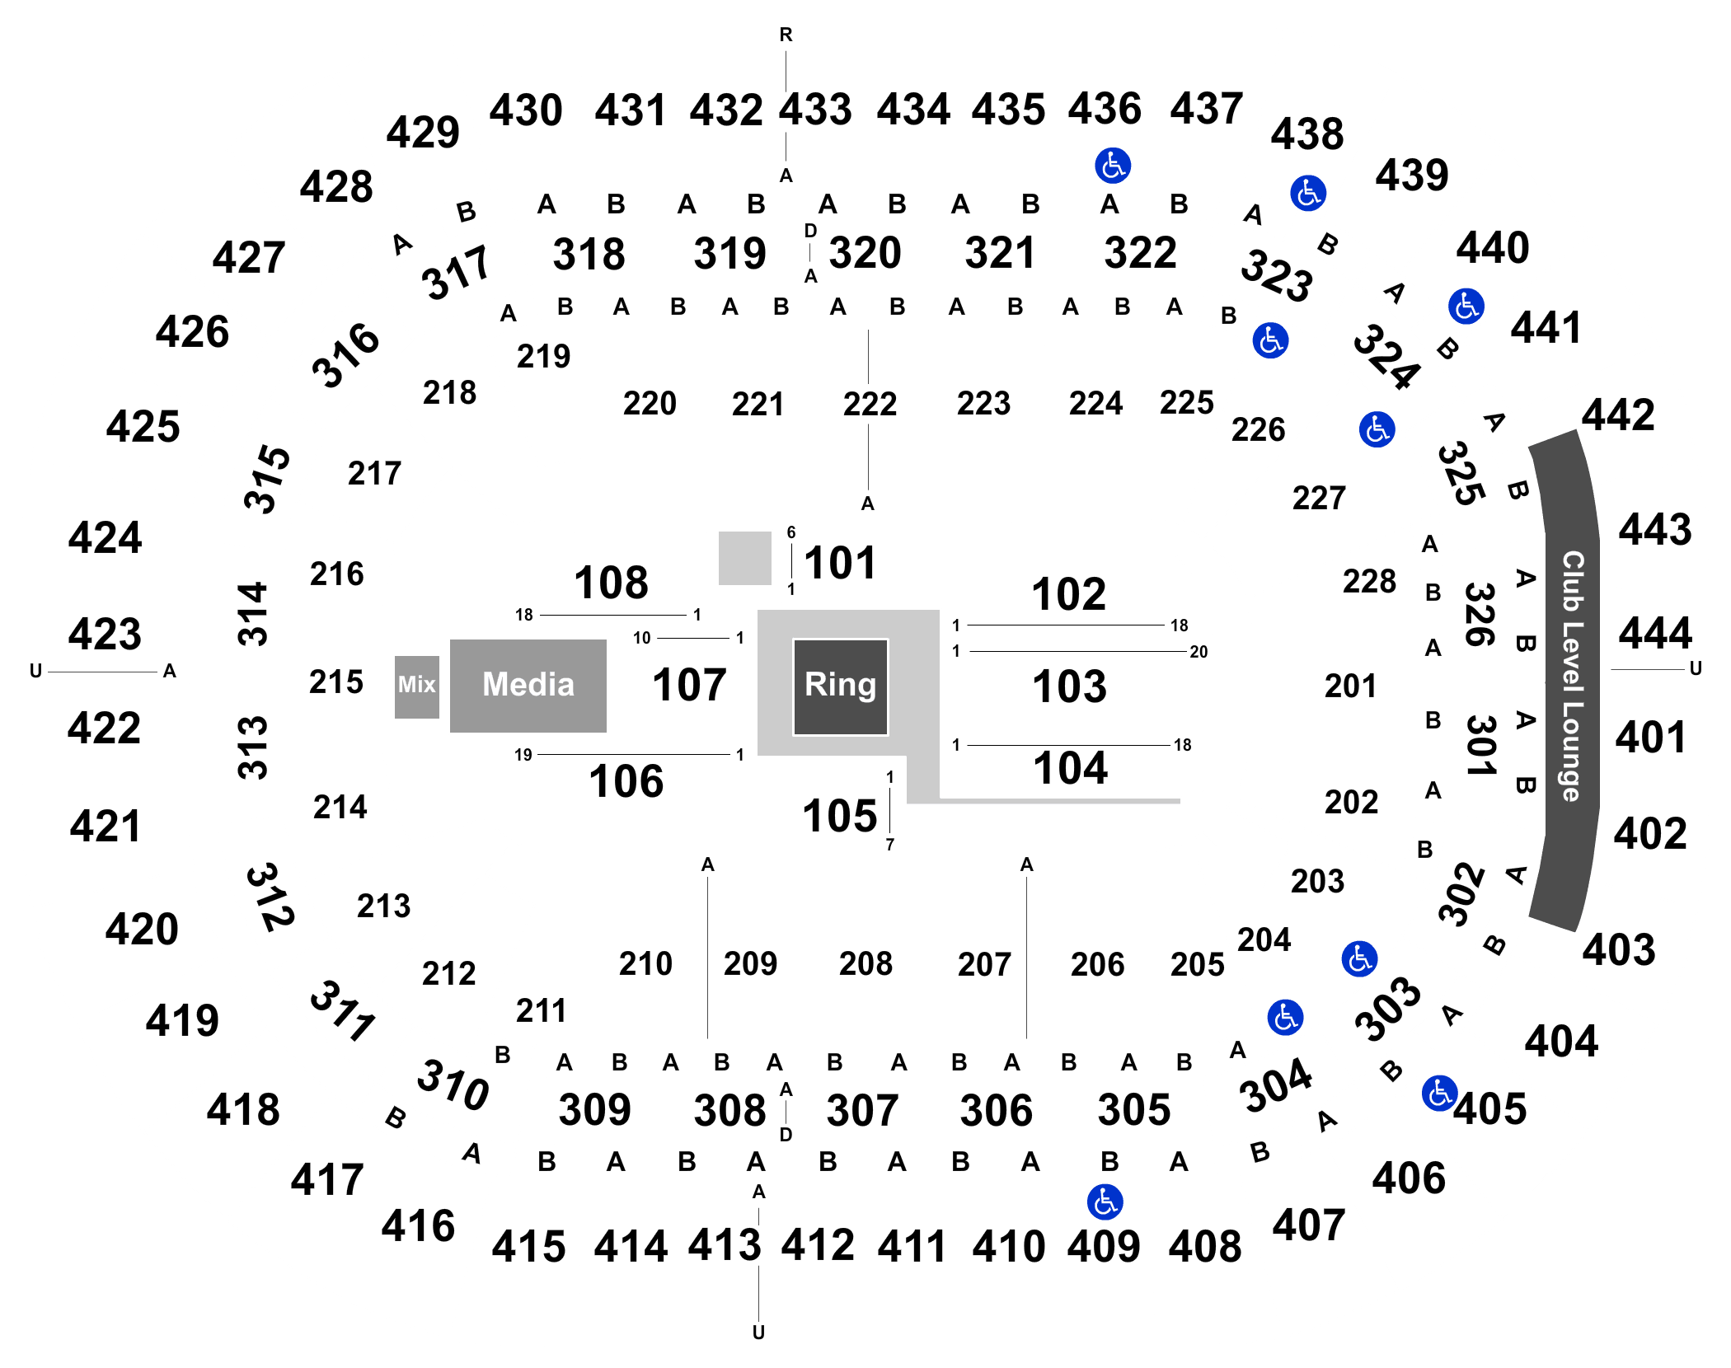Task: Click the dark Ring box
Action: tap(840, 686)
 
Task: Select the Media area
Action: tap(528, 686)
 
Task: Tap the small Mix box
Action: tap(417, 687)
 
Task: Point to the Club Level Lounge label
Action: tap(1573, 676)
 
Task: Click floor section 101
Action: tap(840, 564)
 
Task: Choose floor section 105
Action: tap(840, 816)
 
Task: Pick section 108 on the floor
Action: tap(611, 583)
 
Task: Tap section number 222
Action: tap(870, 404)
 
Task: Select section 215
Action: tap(336, 682)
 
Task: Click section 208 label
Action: tap(865, 963)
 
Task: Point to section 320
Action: tap(865, 253)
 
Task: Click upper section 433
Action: tap(816, 110)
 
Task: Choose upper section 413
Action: tap(725, 1245)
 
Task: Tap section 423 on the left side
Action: tap(105, 635)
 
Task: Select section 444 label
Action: tap(1655, 634)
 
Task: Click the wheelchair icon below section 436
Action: tap(1113, 166)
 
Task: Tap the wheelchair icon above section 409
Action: tap(1105, 1202)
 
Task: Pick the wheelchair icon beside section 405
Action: tap(1440, 1094)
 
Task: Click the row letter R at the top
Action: tap(786, 35)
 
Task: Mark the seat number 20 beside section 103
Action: tap(1199, 652)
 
